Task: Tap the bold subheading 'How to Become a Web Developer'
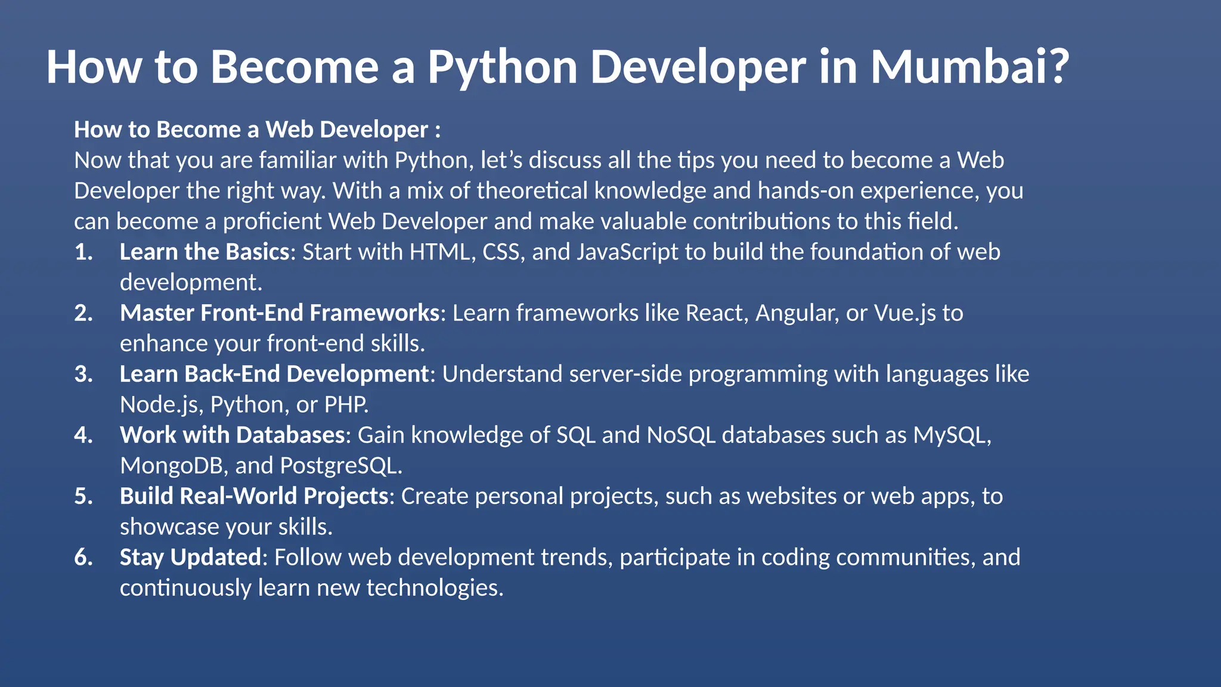point(251,129)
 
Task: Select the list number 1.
point(83,252)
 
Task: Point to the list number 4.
point(83,435)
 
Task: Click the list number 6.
point(83,558)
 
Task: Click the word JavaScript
point(627,252)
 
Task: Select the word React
point(714,313)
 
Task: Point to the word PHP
point(345,405)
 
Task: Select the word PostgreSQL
point(339,466)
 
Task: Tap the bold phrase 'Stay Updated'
point(190,558)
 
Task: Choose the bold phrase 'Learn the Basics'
point(204,252)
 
